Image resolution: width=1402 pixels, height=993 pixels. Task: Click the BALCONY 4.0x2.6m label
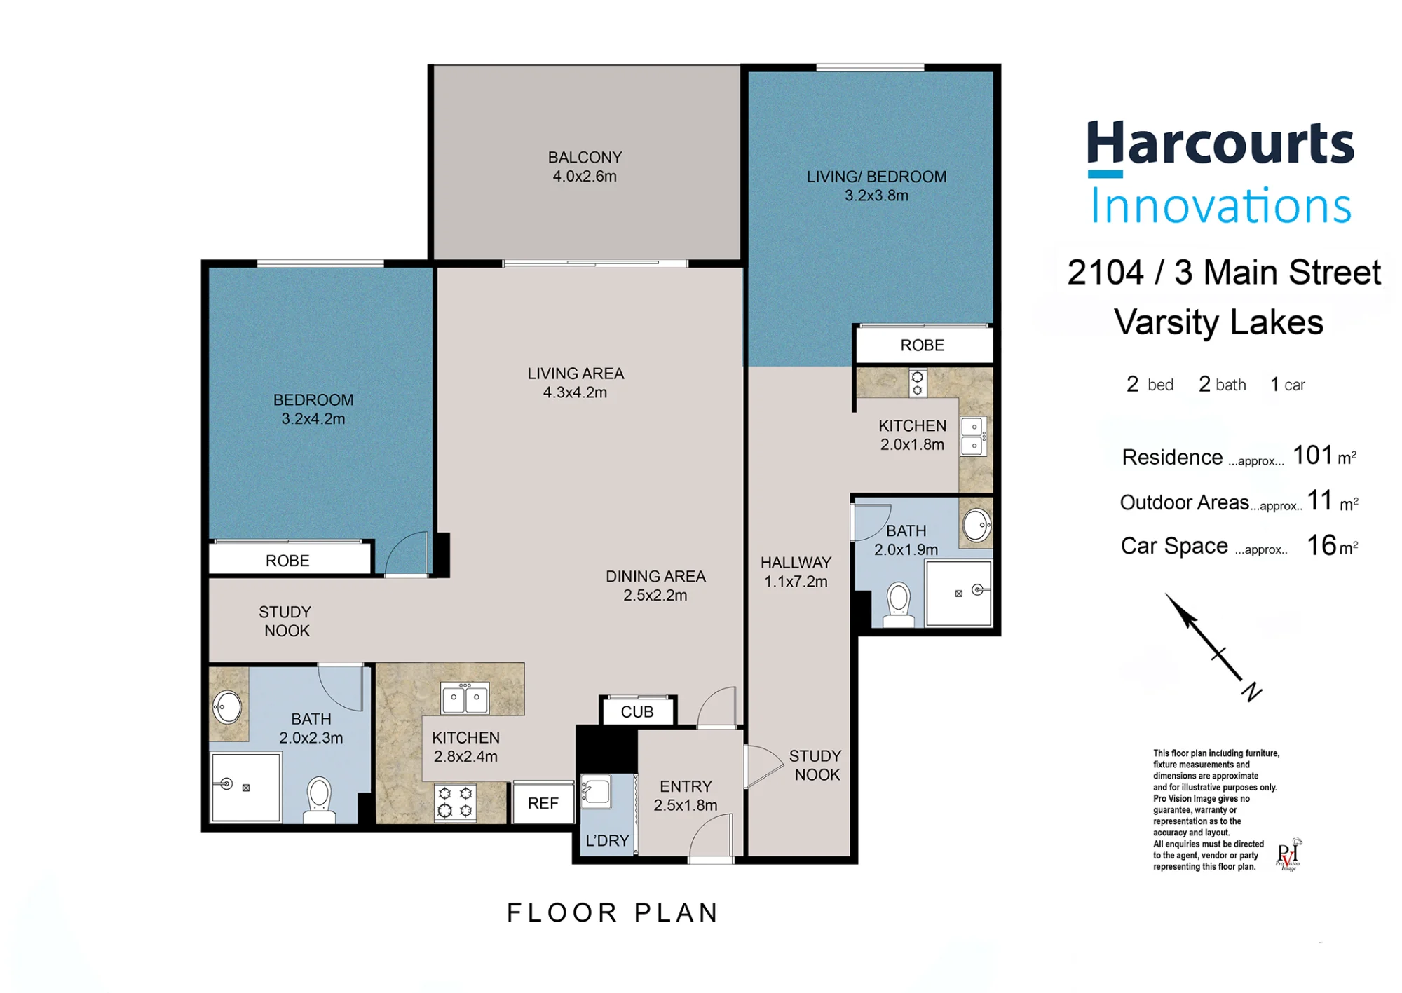coord(585,167)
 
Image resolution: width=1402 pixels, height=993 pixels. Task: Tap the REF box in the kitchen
coord(543,803)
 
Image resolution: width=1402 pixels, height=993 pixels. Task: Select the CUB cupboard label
coord(637,712)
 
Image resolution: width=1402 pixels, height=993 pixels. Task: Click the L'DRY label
coord(607,840)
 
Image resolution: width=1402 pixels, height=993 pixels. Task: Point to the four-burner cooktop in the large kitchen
coord(455,802)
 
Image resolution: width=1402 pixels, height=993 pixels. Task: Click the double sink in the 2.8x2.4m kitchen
coord(465,698)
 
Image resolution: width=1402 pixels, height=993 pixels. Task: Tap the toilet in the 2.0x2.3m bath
coord(319,800)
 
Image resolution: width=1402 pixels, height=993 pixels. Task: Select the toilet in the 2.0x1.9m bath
coord(898,605)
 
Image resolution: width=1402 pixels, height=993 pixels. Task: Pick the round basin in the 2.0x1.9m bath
coord(976,526)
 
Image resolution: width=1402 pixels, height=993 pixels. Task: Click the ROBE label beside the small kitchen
coord(923,345)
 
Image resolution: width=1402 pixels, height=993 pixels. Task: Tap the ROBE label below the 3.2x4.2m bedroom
coord(287,561)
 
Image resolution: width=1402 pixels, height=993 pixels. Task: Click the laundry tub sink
coord(595,791)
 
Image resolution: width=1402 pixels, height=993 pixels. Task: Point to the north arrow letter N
coord(1252,692)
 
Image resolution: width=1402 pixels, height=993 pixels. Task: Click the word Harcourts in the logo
coord(1220,144)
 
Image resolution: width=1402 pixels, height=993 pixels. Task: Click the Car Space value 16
coord(1322,545)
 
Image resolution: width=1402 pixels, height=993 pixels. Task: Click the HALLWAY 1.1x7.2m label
coord(796,572)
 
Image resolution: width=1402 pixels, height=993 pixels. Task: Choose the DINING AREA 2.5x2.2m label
coord(655,586)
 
